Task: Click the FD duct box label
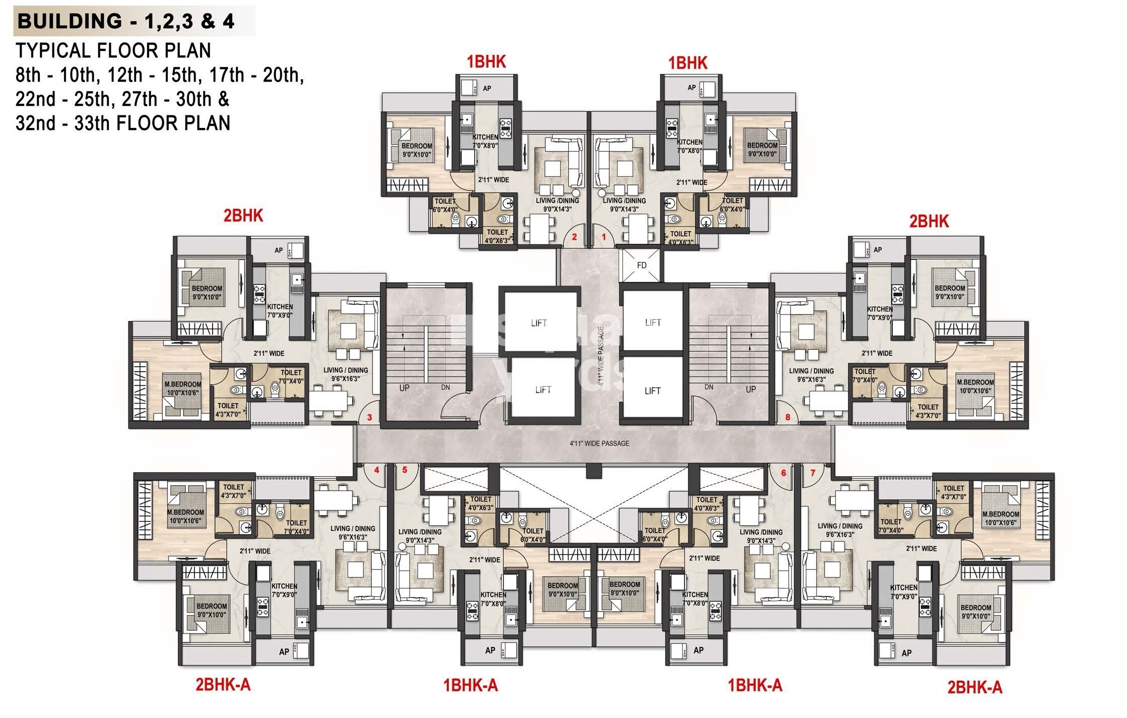[x=641, y=265]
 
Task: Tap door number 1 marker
[x=603, y=236]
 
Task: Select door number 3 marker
[x=370, y=417]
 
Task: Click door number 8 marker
[x=787, y=417]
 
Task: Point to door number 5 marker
[x=404, y=470]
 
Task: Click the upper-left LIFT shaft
[x=539, y=323]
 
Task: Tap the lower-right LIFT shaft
[x=652, y=390]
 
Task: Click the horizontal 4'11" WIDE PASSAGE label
[x=600, y=443]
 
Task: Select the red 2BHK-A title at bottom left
[x=223, y=685]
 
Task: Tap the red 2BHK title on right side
[x=929, y=221]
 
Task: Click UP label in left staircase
[x=404, y=388]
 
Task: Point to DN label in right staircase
[x=709, y=387]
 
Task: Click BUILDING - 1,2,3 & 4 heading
[x=126, y=21]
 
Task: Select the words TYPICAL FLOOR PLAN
[x=113, y=50]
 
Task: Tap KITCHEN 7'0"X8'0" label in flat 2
[x=485, y=141]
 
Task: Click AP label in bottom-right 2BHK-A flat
[x=906, y=653]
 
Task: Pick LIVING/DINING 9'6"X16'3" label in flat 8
[x=811, y=375]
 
